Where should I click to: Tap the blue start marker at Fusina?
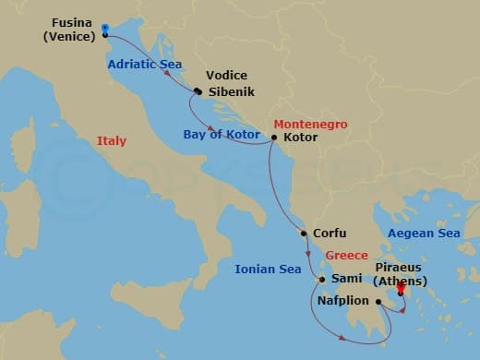tap(105, 30)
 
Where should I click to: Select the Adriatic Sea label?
tap(143, 65)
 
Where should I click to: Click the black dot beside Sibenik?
tap(198, 90)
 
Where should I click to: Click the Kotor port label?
tap(301, 138)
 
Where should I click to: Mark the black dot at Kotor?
tap(273, 138)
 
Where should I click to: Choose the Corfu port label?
tap(330, 234)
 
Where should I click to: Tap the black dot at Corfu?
tap(304, 234)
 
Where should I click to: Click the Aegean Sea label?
tap(424, 234)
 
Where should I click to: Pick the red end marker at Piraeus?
tap(401, 288)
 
